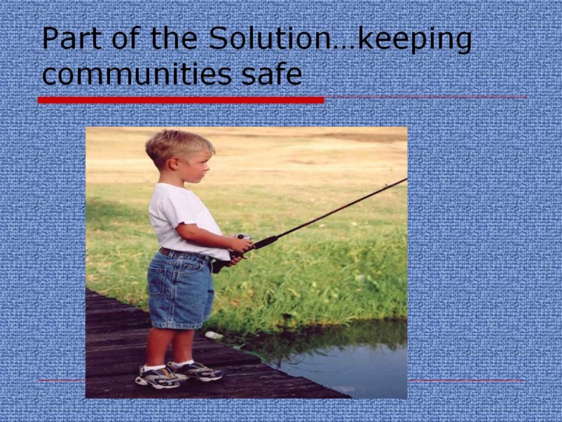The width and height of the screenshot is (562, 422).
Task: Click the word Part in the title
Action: pyautogui.click(x=72, y=38)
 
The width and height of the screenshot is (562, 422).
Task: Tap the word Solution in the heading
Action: pyautogui.click(x=270, y=38)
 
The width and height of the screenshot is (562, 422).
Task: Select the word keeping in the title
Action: pyautogui.click(x=414, y=40)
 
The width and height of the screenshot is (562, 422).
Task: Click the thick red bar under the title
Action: pyautogui.click(x=181, y=100)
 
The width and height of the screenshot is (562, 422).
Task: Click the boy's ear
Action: pyautogui.click(x=174, y=163)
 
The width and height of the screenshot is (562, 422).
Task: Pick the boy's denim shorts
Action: pyautogui.click(x=180, y=289)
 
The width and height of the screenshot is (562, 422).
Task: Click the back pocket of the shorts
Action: pyautogui.click(x=157, y=281)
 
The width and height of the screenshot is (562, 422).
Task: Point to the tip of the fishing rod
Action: pyautogui.click(x=407, y=178)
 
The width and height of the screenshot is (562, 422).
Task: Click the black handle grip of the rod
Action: pyautogui.click(x=265, y=241)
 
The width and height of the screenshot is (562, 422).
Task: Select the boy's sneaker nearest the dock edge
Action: pyautogui.click(x=195, y=370)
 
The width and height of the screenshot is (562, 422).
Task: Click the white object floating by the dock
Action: pyautogui.click(x=214, y=335)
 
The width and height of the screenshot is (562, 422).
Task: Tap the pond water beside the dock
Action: pyautogui.click(x=344, y=366)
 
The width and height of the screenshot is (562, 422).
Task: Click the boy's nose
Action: pyautogui.click(x=208, y=167)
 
